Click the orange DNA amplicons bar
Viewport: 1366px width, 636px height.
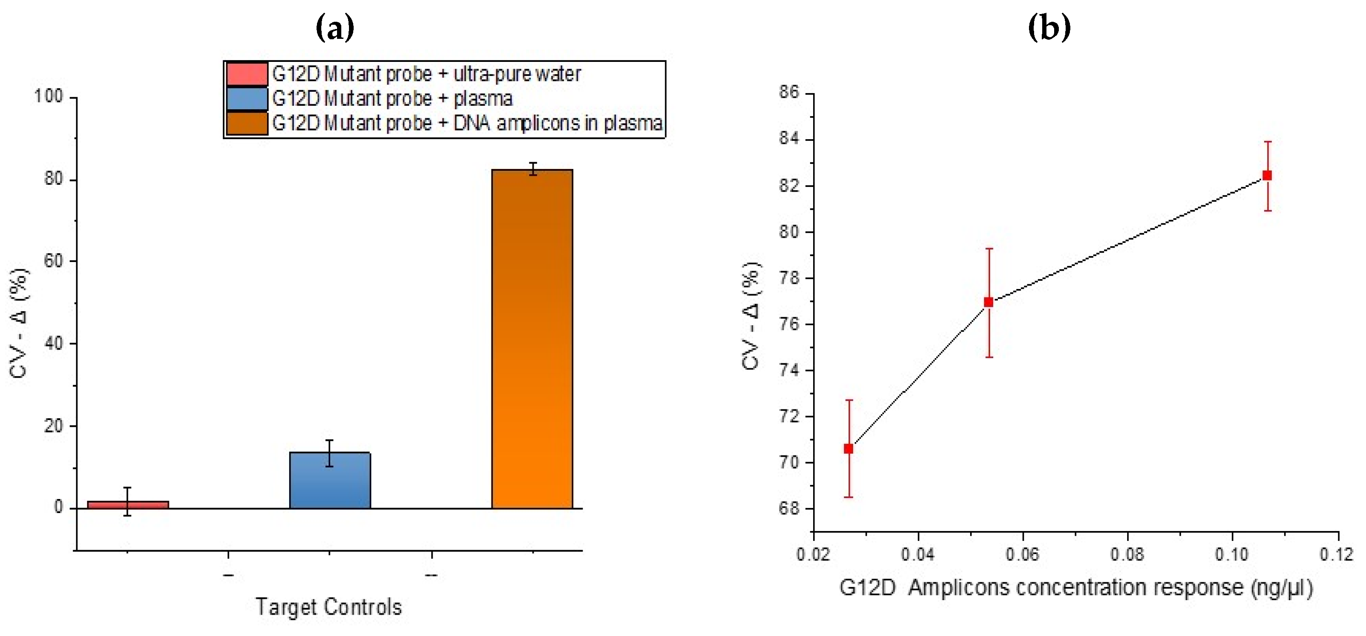point(532,339)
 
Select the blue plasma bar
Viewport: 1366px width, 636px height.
point(330,481)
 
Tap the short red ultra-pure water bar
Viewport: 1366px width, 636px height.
point(128,505)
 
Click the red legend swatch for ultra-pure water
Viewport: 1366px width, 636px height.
point(247,74)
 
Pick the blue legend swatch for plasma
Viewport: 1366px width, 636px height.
point(247,99)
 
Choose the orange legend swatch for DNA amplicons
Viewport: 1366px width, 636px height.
point(247,123)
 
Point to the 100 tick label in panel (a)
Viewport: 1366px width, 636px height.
point(48,96)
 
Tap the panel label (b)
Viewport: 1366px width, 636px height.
point(1049,28)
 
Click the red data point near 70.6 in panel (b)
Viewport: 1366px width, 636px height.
point(849,449)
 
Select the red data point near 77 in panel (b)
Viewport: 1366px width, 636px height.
point(988,302)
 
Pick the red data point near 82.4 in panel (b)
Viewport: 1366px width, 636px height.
point(1267,175)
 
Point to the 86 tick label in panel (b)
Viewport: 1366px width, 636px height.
point(789,92)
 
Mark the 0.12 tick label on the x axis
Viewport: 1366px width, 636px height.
point(1336,554)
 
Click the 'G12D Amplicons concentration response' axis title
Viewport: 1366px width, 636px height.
point(1076,588)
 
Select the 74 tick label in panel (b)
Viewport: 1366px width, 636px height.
point(789,370)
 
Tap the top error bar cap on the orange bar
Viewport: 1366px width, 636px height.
point(532,163)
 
